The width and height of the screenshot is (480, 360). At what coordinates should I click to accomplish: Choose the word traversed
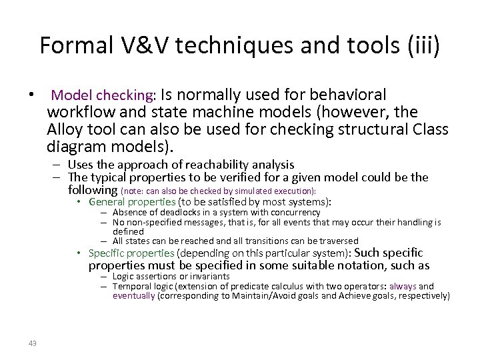pyautogui.click(x=337, y=240)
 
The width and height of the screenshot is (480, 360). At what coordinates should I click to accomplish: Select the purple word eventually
pyautogui.click(x=133, y=295)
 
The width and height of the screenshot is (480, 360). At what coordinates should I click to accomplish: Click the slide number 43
pyautogui.click(x=33, y=343)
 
